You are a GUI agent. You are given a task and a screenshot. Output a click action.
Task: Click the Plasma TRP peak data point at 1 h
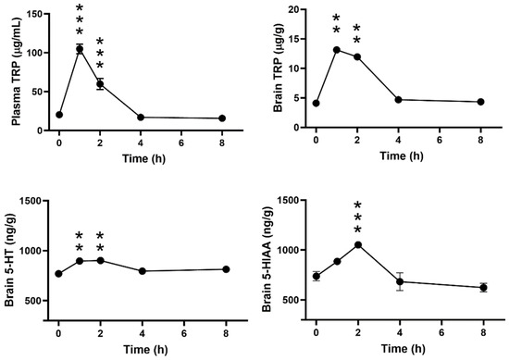click(x=81, y=49)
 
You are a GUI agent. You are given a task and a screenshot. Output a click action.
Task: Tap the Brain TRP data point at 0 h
click(x=317, y=104)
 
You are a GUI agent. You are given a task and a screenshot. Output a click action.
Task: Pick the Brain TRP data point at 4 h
click(x=398, y=100)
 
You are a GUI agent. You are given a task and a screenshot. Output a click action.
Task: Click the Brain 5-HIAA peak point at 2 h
click(x=358, y=244)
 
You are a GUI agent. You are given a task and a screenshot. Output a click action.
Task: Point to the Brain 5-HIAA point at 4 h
click(x=399, y=281)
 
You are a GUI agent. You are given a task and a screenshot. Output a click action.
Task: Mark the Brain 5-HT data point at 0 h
click(x=59, y=274)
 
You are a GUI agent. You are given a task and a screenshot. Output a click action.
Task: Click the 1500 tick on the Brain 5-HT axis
click(x=31, y=201)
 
